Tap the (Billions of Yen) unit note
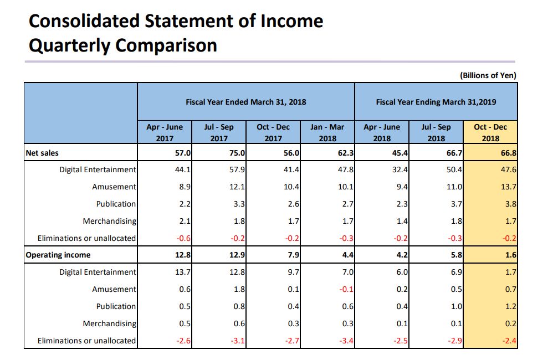pyautogui.click(x=488, y=75)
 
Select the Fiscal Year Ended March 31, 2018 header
pyautogui.click(x=245, y=102)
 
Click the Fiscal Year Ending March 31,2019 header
pyautogui.click(x=436, y=102)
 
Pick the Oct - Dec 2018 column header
pyautogui.click(x=490, y=133)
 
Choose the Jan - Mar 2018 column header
pyautogui.click(x=327, y=133)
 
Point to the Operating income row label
pyautogui.click(x=58, y=255)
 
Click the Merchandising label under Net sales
pyautogui.click(x=109, y=221)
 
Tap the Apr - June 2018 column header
pyautogui.click(x=381, y=133)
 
